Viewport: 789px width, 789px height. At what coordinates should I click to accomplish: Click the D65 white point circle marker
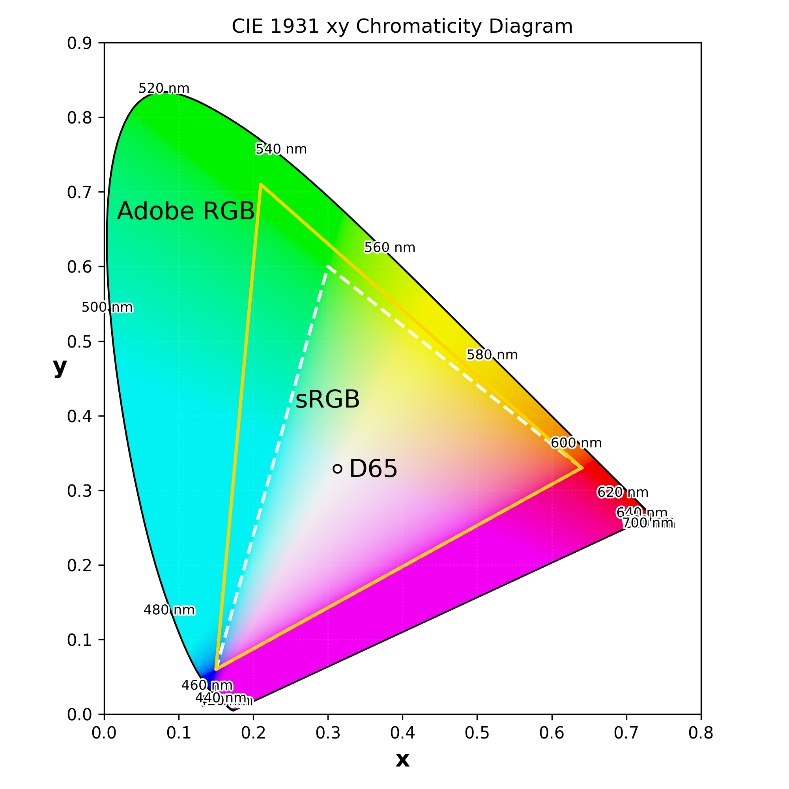coord(337,469)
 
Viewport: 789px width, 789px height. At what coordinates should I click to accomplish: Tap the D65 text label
coord(373,469)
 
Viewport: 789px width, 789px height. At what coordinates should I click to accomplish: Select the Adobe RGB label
coord(186,211)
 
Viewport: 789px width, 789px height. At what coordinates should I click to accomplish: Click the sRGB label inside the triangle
coord(327,399)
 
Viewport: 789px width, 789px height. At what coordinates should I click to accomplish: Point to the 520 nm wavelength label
coord(164,89)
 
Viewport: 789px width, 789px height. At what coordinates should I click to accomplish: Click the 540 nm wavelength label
coord(281,150)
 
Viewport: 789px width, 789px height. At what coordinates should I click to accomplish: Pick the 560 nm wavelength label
coord(390,247)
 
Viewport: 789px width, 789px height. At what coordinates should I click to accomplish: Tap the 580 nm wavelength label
coord(492,355)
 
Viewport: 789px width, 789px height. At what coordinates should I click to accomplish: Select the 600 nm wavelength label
coord(576,443)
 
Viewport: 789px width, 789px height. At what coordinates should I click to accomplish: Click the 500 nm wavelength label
coord(107,308)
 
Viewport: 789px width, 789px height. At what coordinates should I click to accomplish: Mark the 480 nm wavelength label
coord(169,610)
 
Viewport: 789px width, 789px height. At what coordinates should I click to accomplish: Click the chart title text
coord(402,27)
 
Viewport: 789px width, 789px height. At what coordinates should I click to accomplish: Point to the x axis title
coord(402,759)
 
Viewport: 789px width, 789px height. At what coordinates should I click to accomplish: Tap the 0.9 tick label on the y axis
coord(79,43)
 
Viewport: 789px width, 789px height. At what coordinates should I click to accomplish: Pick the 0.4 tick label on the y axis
coord(79,417)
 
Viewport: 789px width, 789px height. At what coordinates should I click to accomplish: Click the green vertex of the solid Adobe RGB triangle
coord(261,185)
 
